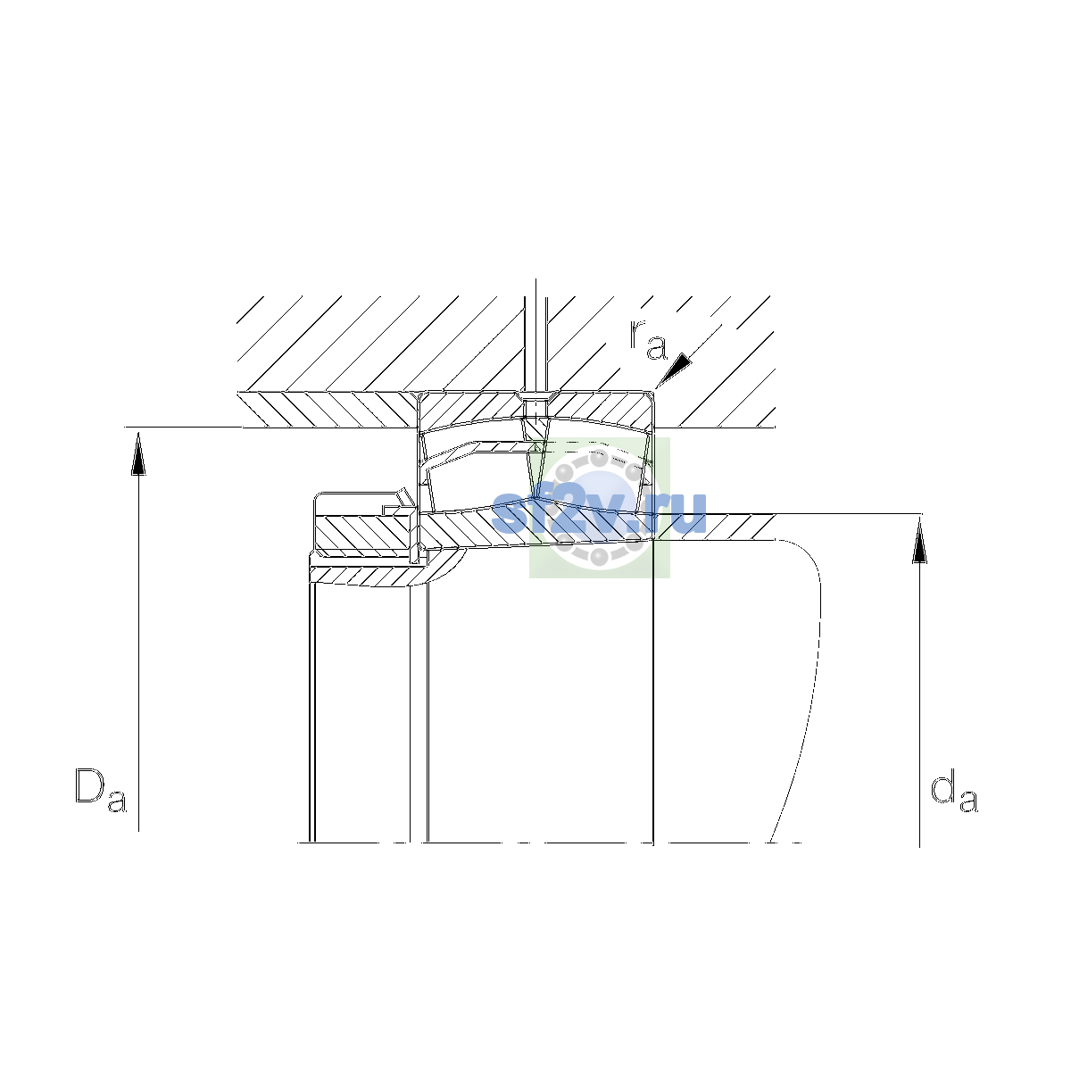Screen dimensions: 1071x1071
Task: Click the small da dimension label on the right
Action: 954,791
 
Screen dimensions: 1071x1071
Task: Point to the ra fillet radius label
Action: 648,339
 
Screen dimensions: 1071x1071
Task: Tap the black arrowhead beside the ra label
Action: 675,369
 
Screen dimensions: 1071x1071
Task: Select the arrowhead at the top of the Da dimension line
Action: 138,454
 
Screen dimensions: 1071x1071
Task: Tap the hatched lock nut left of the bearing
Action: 364,533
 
